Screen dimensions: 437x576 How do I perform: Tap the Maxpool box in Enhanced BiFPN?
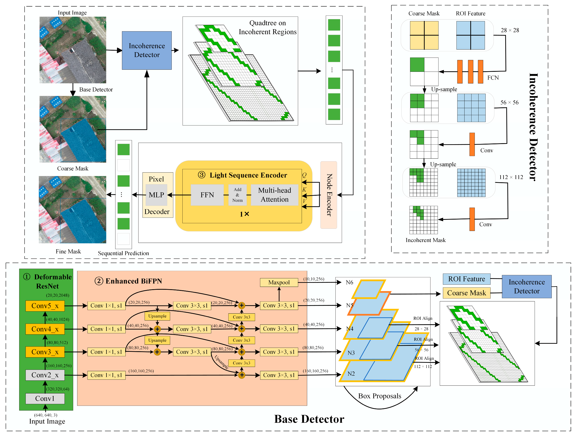point(279,283)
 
